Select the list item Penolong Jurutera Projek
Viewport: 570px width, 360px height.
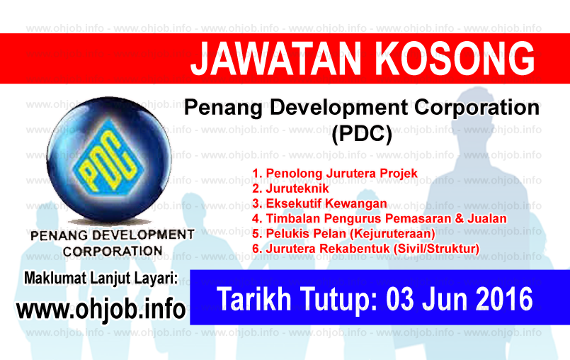(335, 174)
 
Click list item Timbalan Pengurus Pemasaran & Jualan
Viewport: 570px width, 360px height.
(379, 218)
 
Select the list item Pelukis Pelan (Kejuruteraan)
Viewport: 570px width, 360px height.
(343, 233)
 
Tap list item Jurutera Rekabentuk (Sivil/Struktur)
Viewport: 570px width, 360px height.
(365, 248)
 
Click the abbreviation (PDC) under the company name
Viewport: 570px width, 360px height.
(361, 133)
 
